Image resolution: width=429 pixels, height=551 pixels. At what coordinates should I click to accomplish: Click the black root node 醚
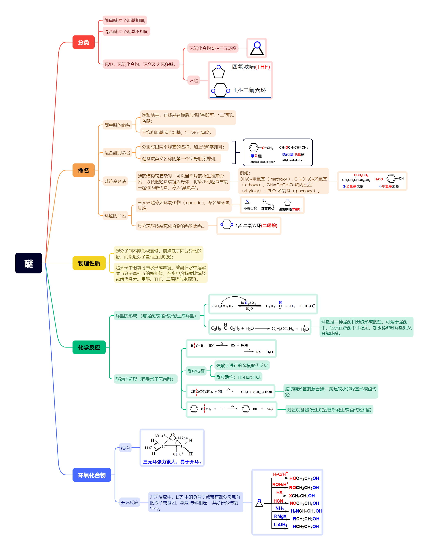28,263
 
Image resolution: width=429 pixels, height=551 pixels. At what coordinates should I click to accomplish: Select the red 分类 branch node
83,42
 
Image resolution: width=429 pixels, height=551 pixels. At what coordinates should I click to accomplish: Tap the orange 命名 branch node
83,170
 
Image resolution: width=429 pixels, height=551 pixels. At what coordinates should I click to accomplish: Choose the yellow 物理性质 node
89,263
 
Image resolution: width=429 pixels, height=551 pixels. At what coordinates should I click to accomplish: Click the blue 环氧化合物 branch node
92,475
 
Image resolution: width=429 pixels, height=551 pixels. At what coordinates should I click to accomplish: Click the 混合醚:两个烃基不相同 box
126,32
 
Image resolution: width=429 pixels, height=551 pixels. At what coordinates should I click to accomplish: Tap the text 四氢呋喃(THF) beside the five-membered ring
251,67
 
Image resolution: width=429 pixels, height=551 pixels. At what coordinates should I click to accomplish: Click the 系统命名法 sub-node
115,181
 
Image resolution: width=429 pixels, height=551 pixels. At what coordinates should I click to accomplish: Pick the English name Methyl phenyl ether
262,162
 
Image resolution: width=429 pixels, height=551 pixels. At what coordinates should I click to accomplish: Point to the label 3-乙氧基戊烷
353,186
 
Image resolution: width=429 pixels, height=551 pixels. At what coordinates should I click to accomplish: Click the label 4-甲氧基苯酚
388,186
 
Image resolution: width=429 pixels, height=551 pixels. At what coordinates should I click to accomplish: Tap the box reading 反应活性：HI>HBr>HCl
238,377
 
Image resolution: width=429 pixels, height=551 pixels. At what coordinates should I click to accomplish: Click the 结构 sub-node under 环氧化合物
125,448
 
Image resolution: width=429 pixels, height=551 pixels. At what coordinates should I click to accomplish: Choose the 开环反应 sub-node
129,502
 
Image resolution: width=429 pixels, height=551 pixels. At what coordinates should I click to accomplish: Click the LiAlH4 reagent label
280,525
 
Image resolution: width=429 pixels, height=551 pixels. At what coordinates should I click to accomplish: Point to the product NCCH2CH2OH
304,503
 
